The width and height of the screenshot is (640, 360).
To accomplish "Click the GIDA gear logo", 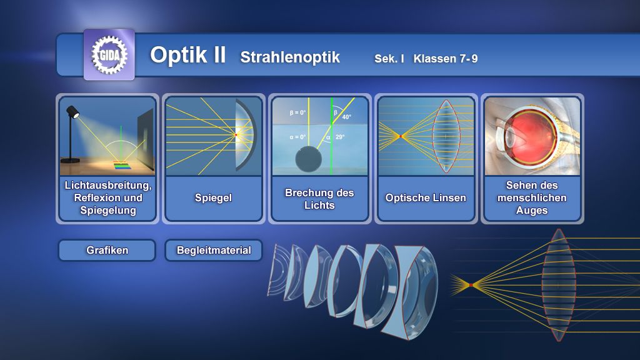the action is (109, 55).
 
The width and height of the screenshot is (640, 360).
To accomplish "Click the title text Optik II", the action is (187, 55).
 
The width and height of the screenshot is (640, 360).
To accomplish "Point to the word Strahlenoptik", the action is (290, 57).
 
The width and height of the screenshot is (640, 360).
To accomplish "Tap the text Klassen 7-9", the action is (445, 59).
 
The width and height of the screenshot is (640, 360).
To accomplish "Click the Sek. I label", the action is (389, 59).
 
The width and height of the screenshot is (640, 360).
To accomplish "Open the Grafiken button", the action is (107, 250).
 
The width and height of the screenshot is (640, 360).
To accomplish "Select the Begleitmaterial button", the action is (214, 250).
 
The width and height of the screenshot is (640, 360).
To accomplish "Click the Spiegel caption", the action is (213, 198).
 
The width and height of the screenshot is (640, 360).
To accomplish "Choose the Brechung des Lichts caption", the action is (319, 199).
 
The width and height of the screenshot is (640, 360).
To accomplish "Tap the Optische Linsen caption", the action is (426, 198).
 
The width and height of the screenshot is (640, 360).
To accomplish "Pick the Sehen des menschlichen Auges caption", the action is (532, 198).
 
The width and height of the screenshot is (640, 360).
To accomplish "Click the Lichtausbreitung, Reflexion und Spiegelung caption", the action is (108, 198).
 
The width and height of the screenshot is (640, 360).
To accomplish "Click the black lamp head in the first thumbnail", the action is (72, 111).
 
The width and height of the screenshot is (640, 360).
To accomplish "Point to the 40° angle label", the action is (346, 117).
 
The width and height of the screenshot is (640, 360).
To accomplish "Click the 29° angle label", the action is (340, 137).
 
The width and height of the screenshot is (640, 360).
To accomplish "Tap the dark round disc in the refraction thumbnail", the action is (309, 159).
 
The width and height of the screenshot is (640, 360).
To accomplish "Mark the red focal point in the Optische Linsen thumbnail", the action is (401, 136).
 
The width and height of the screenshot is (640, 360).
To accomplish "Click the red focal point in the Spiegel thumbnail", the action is (236, 135).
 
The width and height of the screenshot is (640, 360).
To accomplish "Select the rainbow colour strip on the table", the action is (122, 166).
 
